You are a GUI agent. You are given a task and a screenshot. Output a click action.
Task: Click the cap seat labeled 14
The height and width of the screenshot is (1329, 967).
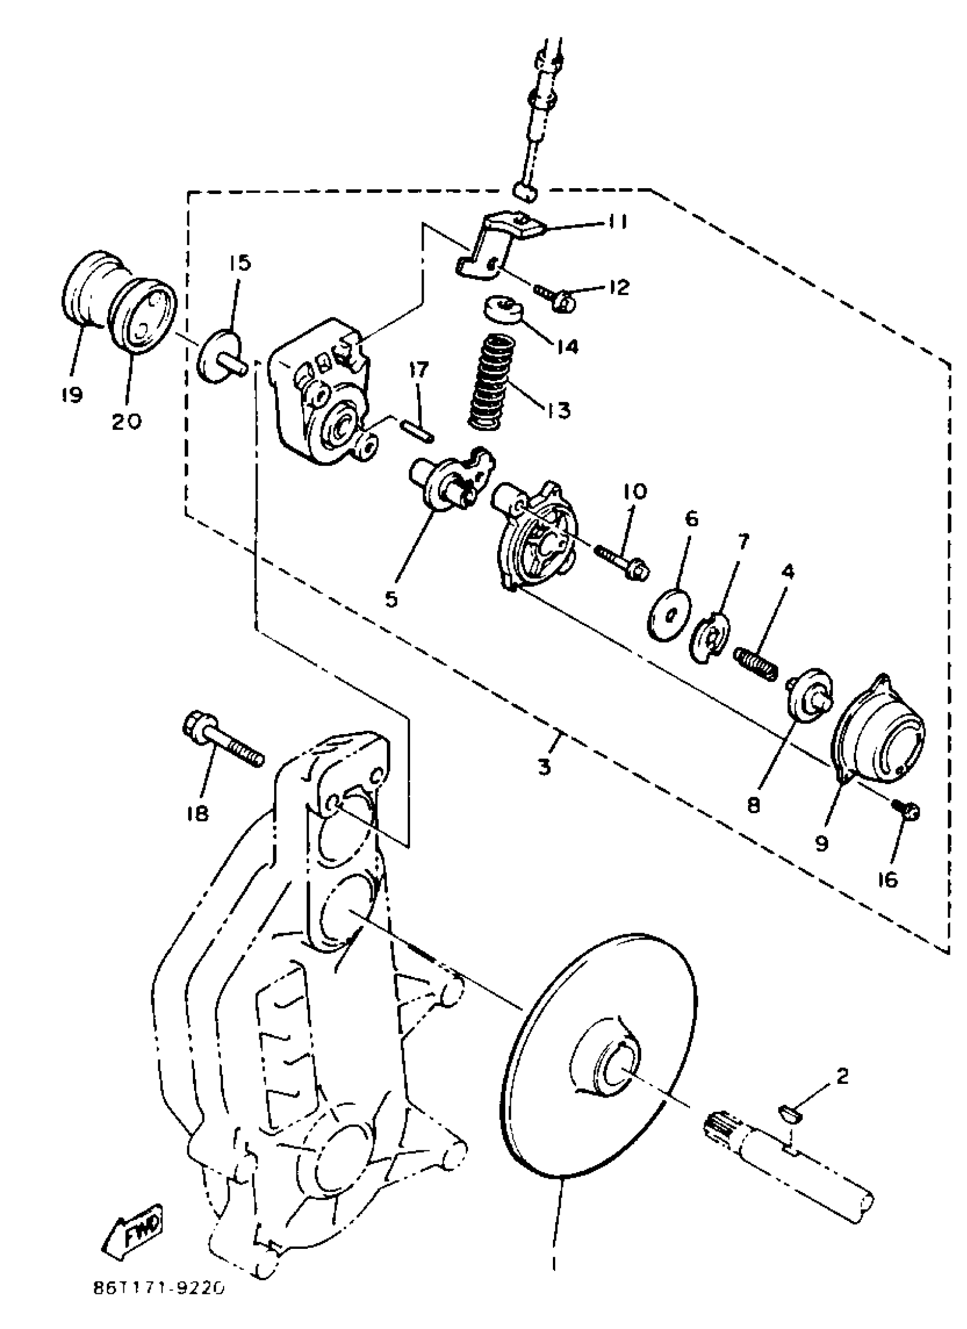(x=503, y=309)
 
